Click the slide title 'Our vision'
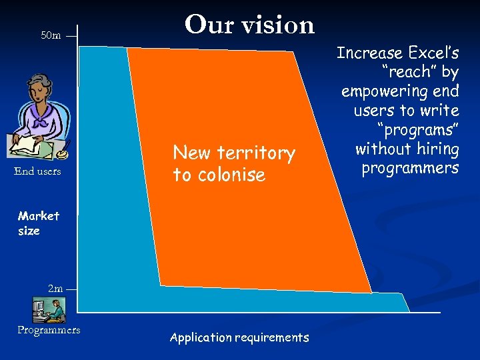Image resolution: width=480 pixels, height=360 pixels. [249, 25]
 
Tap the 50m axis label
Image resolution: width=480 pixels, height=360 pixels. [51, 35]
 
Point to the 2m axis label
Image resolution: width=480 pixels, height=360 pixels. [55, 289]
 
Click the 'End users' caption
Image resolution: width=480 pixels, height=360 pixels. [37, 171]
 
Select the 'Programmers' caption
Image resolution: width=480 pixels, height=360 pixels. [49, 330]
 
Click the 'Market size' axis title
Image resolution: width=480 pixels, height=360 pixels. [39, 223]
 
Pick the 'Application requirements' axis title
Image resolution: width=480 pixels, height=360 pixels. [239, 337]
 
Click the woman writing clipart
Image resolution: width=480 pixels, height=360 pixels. [39, 117]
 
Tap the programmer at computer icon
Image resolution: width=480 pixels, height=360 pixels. [49, 309]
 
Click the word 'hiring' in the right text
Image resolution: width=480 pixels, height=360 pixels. [435, 149]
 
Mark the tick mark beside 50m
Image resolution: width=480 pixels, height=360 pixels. [71, 36]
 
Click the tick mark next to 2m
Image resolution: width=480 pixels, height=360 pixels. [71, 289]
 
